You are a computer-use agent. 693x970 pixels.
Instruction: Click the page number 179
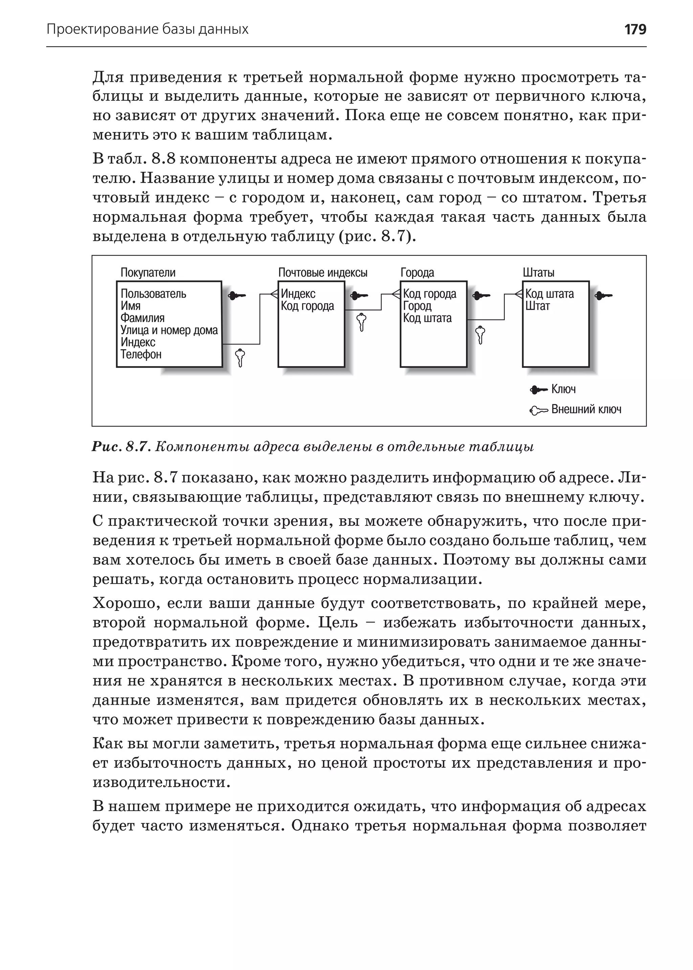tap(635, 29)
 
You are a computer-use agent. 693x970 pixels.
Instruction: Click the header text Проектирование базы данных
tap(147, 29)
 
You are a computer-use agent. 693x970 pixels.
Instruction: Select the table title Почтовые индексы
tap(322, 273)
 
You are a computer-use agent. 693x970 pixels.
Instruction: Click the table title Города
tap(417, 273)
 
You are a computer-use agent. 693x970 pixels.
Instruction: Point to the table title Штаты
tap(538, 273)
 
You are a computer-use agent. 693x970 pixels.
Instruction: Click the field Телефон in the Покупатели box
tap(141, 354)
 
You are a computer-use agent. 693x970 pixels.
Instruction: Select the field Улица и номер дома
tap(169, 330)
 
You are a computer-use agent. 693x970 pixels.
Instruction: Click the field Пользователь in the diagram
tap(153, 294)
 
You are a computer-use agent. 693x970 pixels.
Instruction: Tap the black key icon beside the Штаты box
tap(603, 295)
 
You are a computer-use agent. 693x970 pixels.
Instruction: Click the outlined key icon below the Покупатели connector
tap(240, 357)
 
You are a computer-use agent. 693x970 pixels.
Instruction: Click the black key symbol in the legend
tap(538, 389)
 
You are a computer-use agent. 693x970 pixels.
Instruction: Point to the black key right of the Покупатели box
tap(237, 295)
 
